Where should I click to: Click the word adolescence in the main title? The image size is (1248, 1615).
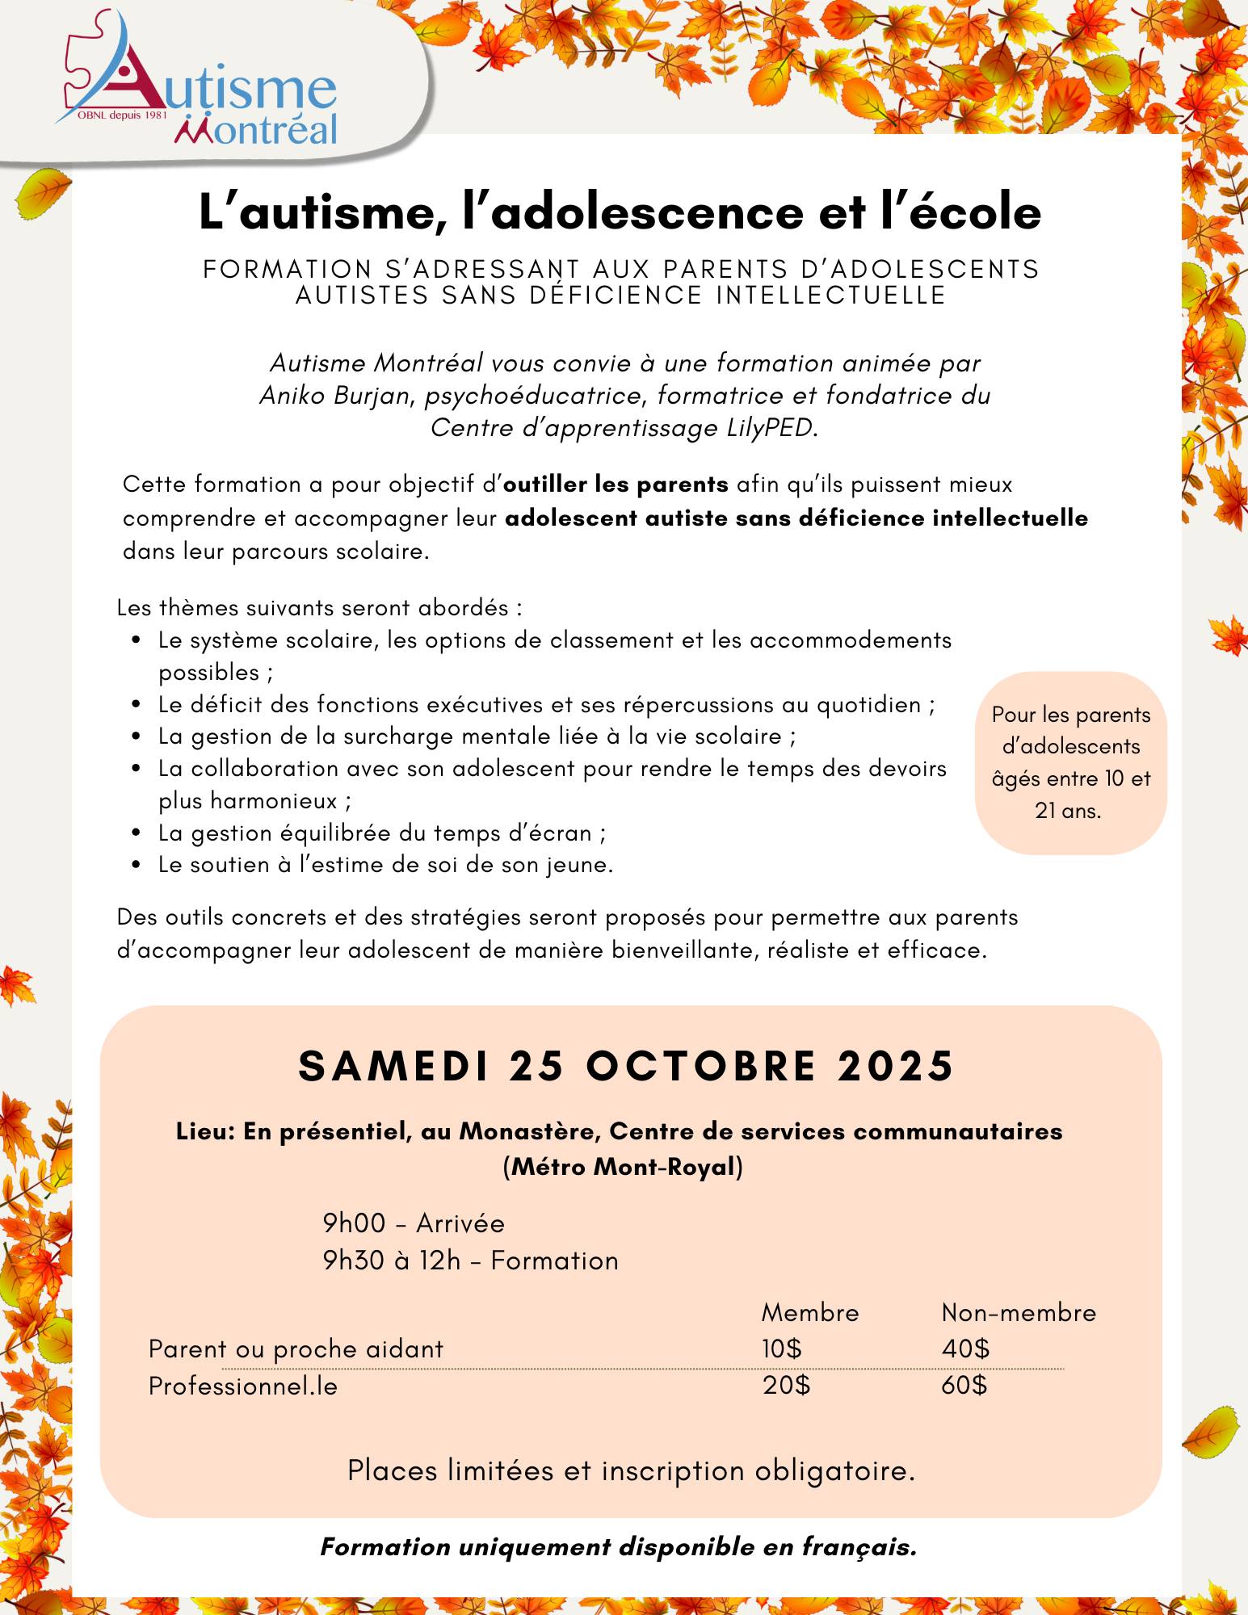(x=646, y=212)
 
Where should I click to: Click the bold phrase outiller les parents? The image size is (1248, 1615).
(x=616, y=484)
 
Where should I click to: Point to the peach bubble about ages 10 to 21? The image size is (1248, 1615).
(x=1070, y=762)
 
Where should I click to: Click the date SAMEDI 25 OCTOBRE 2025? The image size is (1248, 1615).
(x=626, y=1066)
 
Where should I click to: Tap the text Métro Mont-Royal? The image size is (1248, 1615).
(x=623, y=1167)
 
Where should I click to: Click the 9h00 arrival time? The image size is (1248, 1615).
(x=354, y=1223)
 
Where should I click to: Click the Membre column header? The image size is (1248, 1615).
(x=809, y=1312)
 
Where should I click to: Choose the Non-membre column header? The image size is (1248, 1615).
(x=1018, y=1312)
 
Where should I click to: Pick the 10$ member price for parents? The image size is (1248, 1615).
(x=781, y=1349)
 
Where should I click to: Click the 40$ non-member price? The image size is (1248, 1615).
(x=965, y=1349)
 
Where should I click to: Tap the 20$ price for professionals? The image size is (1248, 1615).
(x=786, y=1386)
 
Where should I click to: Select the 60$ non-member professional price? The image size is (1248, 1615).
(x=964, y=1386)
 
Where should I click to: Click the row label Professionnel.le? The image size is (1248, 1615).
(x=242, y=1386)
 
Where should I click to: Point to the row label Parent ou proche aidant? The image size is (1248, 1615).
(x=296, y=1349)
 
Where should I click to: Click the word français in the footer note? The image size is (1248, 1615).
(x=859, y=1547)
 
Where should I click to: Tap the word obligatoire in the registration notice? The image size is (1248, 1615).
(x=834, y=1471)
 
